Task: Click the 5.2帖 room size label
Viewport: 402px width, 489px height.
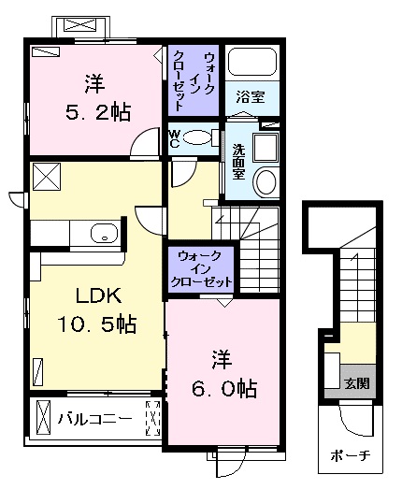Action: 98,112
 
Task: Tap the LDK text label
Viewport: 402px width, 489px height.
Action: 98,296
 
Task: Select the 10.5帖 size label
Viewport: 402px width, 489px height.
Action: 96,324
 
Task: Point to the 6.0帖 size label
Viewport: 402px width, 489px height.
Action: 224,389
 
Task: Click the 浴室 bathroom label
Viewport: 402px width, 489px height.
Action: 251,96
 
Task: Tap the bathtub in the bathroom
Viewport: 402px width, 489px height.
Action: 252,61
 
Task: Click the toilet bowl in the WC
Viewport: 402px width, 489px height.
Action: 197,137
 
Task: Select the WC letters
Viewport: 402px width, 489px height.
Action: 174,139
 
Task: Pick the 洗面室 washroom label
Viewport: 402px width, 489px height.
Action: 238,162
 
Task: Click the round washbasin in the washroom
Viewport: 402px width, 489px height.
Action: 266,181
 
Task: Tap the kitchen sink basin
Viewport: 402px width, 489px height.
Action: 104,233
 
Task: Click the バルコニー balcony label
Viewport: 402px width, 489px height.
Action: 94,419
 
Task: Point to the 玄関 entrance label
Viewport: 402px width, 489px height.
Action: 357,383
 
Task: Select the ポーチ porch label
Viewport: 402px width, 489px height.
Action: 351,456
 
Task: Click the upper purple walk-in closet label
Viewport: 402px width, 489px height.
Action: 194,80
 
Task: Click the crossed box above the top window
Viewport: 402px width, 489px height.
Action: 79,25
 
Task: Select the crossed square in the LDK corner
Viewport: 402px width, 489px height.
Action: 47,177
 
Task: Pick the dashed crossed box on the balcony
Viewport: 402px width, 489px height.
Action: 152,418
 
